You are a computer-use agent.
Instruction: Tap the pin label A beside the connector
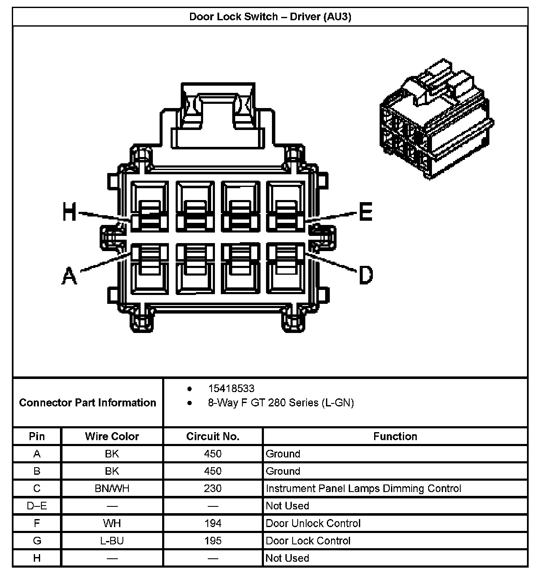[x=70, y=276]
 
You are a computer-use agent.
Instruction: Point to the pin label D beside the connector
[x=366, y=275]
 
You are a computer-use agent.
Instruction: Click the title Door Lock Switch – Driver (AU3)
[x=270, y=17]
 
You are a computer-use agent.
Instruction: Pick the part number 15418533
[x=231, y=388]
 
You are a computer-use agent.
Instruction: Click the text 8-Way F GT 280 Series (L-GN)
[x=280, y=403]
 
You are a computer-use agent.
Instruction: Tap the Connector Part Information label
[x=87, y=403]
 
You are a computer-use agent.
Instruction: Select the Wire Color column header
[x=112, y=436]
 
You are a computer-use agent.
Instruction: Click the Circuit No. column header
[x=213, y=436]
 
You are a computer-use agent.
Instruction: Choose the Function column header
[x=395, y=436]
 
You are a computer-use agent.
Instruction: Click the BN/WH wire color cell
[x=112, y=489]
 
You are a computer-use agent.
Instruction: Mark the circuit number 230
[x=213, y=489]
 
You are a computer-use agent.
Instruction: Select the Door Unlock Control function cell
[x=313, y=524]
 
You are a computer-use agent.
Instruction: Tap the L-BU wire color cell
[x=112, y=541]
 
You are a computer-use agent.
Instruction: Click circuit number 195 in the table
[x=213, y=541]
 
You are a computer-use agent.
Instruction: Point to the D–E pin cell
[x=37, y=506]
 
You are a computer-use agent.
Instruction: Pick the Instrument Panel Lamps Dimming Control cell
[x=363, y=489]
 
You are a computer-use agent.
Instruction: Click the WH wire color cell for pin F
[x=112, y=524]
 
